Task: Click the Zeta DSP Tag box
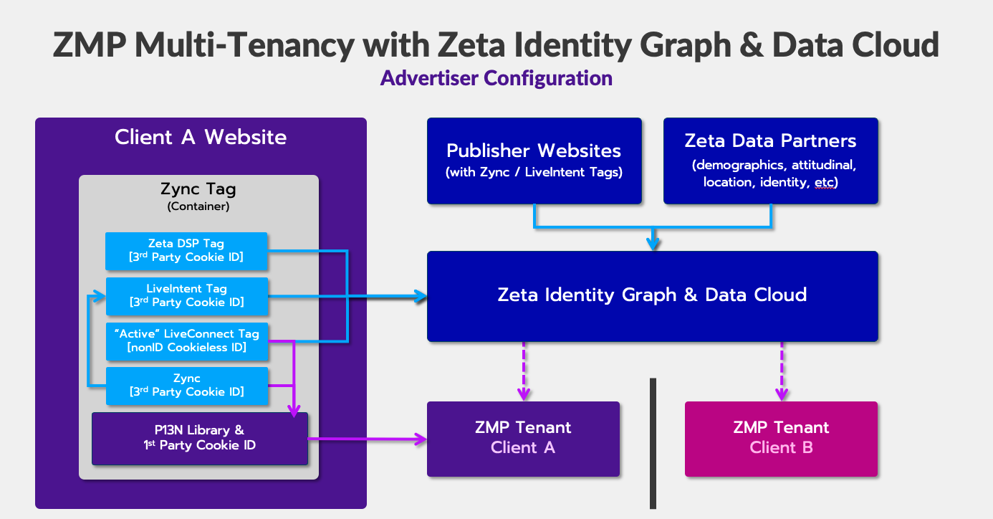point(186,249)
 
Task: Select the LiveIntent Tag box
point(186,295)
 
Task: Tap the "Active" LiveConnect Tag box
point(186,341)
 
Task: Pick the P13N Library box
point(199,438)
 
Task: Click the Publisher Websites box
point(534,161)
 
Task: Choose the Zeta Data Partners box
point(770,161)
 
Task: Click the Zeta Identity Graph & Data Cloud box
point(652,295)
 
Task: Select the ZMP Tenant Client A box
point(523,438)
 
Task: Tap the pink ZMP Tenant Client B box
point(781,438)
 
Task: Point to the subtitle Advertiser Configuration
point(496,77)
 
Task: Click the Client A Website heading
point(201,137)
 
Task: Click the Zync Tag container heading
point(198,190)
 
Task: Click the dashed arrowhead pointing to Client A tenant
point(524,394)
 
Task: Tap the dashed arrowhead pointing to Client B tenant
point(782,394)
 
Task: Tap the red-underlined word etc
point(825,183)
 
